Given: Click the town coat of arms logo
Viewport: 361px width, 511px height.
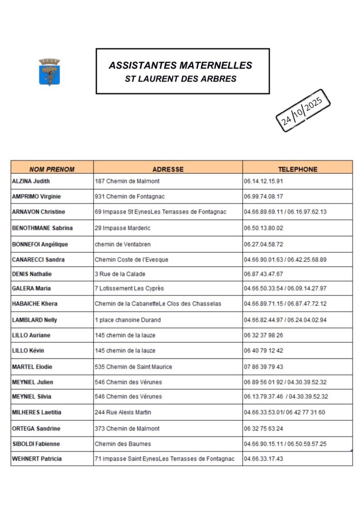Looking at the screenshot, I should (x=50, y=72).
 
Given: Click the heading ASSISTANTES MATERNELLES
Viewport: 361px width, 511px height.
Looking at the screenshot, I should (x=180, y=66).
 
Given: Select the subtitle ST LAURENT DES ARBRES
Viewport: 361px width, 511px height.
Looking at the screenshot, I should (x=180, y=79).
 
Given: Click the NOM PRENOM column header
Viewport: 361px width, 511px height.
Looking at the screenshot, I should (x=52, y=169).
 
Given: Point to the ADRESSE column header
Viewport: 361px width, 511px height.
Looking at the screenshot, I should (x=168, y=169).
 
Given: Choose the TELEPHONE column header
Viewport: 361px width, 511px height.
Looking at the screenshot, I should (x=298, y=169).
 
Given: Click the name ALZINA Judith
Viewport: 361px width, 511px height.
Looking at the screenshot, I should (x=31, y=181).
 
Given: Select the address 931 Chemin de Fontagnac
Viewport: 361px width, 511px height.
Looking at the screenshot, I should (x=130, y=197).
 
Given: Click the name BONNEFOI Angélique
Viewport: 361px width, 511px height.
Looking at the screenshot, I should (x=40, y=244).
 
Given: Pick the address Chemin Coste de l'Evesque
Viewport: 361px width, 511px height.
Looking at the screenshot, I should (x=132, y=260).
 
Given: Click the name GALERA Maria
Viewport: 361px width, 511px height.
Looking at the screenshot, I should (x=31, y=289).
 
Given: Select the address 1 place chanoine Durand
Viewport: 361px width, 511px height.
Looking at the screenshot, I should (x=127, y=320).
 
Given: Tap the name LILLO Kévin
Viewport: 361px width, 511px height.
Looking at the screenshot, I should (x=28, y=351).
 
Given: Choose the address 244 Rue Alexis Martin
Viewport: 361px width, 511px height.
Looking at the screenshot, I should (x=123, y=412).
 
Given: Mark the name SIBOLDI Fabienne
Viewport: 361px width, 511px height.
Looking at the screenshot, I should (x=36, y=444).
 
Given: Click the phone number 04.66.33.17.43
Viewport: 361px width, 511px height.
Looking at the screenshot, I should (x=264, y=459).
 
